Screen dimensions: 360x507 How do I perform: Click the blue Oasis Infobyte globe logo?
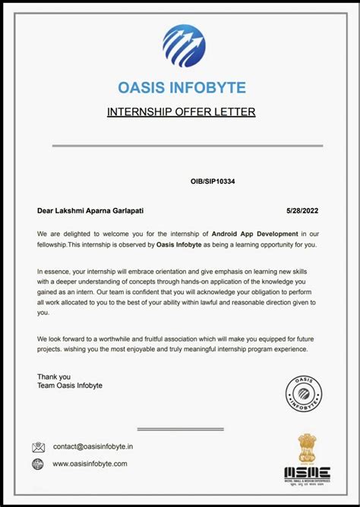point(184,46)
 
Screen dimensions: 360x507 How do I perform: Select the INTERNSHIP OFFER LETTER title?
point(181,112)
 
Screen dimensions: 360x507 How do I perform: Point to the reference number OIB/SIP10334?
point(218,182)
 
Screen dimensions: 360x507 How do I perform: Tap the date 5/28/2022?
point(302,210)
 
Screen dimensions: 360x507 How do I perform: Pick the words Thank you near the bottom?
point(54,376)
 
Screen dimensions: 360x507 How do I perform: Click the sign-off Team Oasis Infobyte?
point(70,386)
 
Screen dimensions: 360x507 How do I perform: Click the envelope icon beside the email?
point(39,448)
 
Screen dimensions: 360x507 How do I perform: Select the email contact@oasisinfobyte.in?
point(92,448)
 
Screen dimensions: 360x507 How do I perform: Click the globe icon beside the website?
point(38,464)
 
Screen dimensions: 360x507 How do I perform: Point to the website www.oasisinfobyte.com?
point(90,464)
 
